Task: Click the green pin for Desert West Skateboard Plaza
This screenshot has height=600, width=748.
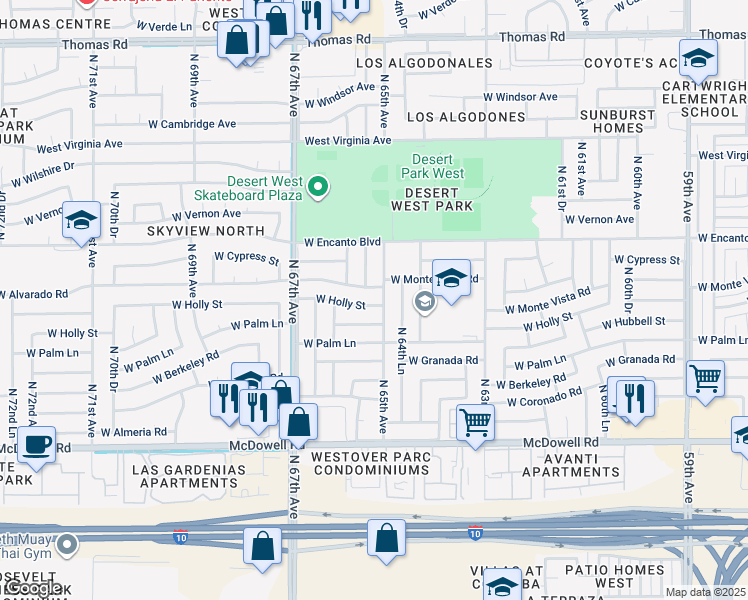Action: click(318, 187)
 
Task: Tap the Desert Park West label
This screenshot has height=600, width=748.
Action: click(433, 167)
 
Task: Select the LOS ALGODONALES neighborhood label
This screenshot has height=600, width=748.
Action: click(425, 63)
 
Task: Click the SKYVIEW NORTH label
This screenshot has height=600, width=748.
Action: click(206, 231)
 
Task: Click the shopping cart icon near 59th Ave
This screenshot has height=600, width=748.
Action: click(706, 378)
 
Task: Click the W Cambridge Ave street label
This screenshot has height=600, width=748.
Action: click(192, 124)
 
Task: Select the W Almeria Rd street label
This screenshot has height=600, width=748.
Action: click(134, 432)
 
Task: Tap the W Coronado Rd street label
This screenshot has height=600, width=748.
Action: click(544, 402)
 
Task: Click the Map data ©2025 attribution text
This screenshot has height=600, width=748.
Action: click(705, 592)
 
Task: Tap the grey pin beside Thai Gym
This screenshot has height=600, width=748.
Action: click(67, 545)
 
